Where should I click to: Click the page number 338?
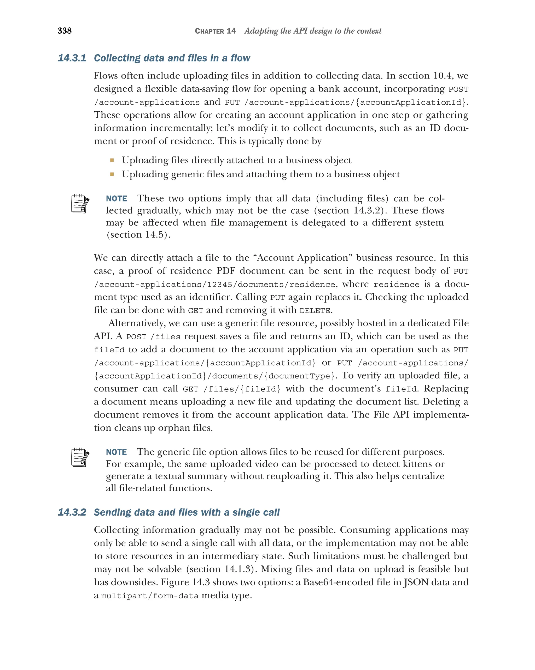[65, 31]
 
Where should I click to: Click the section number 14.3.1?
[72, 58]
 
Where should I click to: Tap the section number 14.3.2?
[72, 512]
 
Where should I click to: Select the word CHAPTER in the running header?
[209, 31]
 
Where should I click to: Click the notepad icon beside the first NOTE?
[80, 204]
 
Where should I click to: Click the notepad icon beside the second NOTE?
[80, 457]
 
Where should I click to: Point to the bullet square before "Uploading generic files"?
[112, 174]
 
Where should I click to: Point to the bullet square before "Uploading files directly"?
[112, 160]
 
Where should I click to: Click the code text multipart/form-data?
[150, 596]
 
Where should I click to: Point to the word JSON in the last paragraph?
[416, 582]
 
